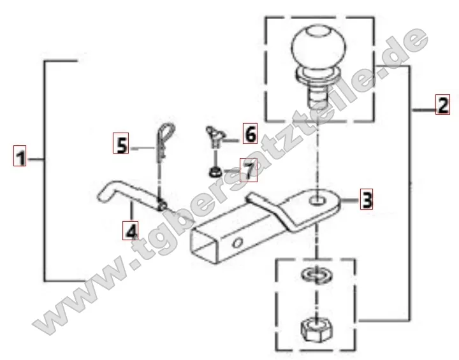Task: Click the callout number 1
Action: coord(20,155)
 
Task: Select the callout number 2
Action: coord(442,104)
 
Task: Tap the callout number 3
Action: coord(367,199)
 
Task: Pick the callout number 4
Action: coord(130,230)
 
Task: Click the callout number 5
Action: coord(120,143)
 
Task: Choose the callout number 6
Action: coord(251,134)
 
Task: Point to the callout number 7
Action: coord(249,170)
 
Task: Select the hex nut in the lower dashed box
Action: coord(317,330)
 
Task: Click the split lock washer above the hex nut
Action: coord(316,275)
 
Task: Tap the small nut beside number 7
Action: coord(215,172)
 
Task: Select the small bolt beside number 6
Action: coord(215,135)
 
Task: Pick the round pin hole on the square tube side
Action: coord(237,243)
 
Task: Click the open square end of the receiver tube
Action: coord(205,246)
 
